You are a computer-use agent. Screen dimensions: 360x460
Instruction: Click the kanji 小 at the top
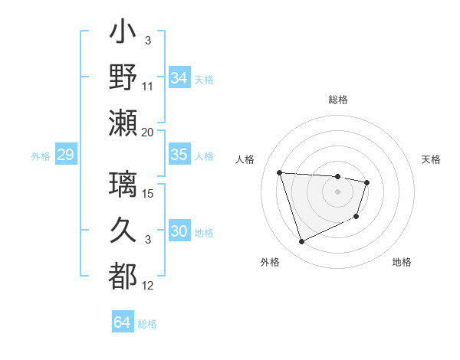(123, 34)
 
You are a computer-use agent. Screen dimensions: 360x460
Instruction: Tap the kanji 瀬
(123, 123)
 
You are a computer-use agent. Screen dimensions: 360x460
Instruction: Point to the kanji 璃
(123, 183)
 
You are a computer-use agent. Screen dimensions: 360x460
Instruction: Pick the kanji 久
(123, 229)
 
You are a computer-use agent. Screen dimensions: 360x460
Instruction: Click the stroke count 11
(148, 87)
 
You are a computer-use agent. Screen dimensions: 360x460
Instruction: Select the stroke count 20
(148, 133)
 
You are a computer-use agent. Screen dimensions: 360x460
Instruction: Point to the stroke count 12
(148, 286)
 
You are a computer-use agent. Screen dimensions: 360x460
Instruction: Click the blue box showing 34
(179, 77)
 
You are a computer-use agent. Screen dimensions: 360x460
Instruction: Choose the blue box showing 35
(179, 155)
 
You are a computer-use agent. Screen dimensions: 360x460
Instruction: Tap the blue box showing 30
(179, 231)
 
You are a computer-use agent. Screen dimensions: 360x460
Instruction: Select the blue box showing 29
(65, 155)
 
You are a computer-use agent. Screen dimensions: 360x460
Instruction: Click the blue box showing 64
(122, 322)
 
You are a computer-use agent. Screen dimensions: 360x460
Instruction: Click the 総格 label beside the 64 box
(147, 324)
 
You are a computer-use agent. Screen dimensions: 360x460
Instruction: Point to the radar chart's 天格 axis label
(432, 159)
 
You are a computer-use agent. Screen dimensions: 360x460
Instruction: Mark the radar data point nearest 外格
(301, 242)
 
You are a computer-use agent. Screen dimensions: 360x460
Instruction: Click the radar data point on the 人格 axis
(280, 172)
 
